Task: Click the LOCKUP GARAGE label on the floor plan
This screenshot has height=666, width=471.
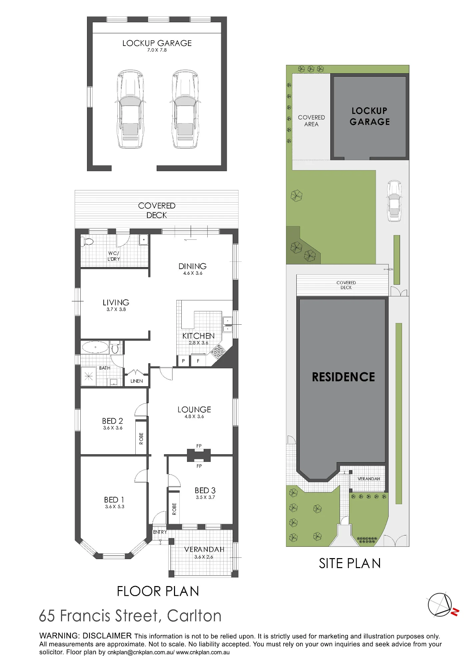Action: coord(157,43)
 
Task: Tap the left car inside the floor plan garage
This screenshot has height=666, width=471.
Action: coord(130,109)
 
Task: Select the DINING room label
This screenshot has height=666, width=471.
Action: coord(193,266)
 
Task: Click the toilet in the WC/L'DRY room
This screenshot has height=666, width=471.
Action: coord(88,241)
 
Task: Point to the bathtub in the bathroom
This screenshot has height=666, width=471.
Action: coord(95,347)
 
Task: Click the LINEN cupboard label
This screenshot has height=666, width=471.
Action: coord(137,381)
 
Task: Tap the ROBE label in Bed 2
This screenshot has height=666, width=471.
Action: coord(141,438)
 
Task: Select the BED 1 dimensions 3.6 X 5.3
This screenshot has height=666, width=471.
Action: coord(115,506)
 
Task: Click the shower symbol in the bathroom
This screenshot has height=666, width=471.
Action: coord(89,377)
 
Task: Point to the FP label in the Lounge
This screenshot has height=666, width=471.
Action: coord(199,446)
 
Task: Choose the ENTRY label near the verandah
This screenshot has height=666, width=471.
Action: coord(160,532)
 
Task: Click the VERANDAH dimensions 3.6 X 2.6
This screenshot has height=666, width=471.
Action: coord(204,557)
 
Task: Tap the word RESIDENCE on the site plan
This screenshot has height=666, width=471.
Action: coord(343,377)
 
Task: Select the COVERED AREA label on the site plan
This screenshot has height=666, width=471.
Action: coord(311,121)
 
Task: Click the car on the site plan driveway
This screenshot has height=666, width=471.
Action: coord(394,201)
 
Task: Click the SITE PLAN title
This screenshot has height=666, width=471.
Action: coord(350,563)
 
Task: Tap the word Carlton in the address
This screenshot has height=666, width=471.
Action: coord(194,616)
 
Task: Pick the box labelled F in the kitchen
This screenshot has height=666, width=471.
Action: coord(198,361)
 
